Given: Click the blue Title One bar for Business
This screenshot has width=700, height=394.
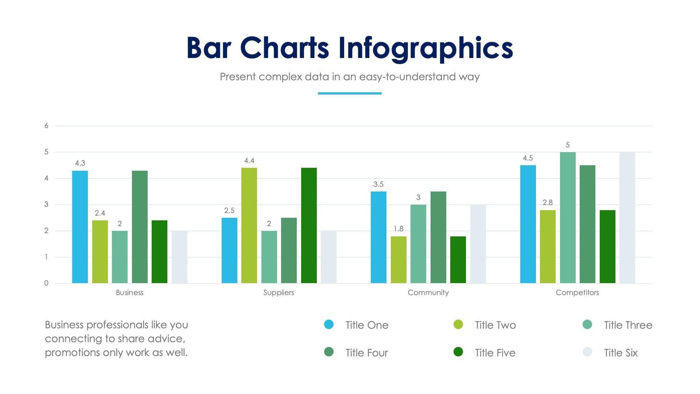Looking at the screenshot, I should tap(80, 227).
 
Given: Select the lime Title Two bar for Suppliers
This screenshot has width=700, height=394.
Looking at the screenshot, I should tap(249, 226).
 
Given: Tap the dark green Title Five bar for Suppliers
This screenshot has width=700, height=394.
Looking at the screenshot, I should tap(309, 226).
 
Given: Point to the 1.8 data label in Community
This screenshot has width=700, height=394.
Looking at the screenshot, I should tap(398, 229).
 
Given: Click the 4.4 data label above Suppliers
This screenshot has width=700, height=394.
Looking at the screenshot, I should tap(249, 161).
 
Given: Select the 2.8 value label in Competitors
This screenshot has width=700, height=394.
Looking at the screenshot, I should tap(548, 203).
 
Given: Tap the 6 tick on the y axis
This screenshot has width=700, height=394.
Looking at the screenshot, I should tap(47, 126).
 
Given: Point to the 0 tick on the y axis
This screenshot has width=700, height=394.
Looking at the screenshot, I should tap(47, 283).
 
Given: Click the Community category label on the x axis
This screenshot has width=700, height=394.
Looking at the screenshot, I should tap(428, 293).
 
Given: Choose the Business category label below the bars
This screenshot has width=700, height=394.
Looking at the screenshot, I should tap(129, 293).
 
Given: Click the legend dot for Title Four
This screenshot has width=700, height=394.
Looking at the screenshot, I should tap(329, 352).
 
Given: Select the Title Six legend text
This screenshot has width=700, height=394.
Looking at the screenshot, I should tap(620, 353).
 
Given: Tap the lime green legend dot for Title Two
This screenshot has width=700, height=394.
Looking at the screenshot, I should tap(458, 325).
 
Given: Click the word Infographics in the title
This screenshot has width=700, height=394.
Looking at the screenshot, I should tap(425, 48).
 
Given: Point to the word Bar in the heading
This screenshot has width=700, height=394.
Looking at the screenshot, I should tap(209, 48).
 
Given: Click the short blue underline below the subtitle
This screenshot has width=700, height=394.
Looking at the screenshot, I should tap(350, 93).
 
